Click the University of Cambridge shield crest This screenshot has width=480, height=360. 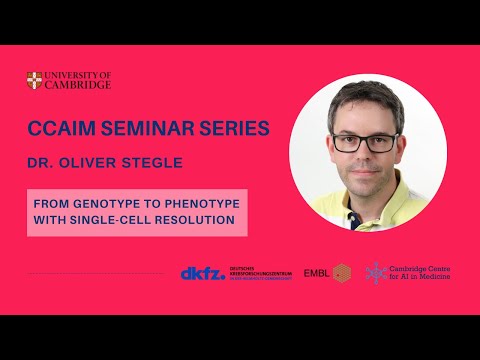tap(36, 80)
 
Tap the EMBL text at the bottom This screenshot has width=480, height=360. tap(316, 273)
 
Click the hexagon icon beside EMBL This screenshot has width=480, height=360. tap(342, 272)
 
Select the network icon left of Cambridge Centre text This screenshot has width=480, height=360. tap(375, 272)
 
